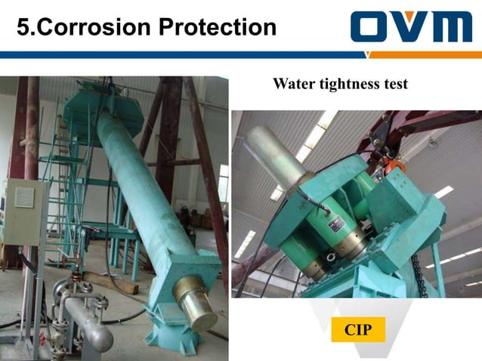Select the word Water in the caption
point(295,84)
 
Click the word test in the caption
point(395,84)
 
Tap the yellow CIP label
point(358,330)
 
